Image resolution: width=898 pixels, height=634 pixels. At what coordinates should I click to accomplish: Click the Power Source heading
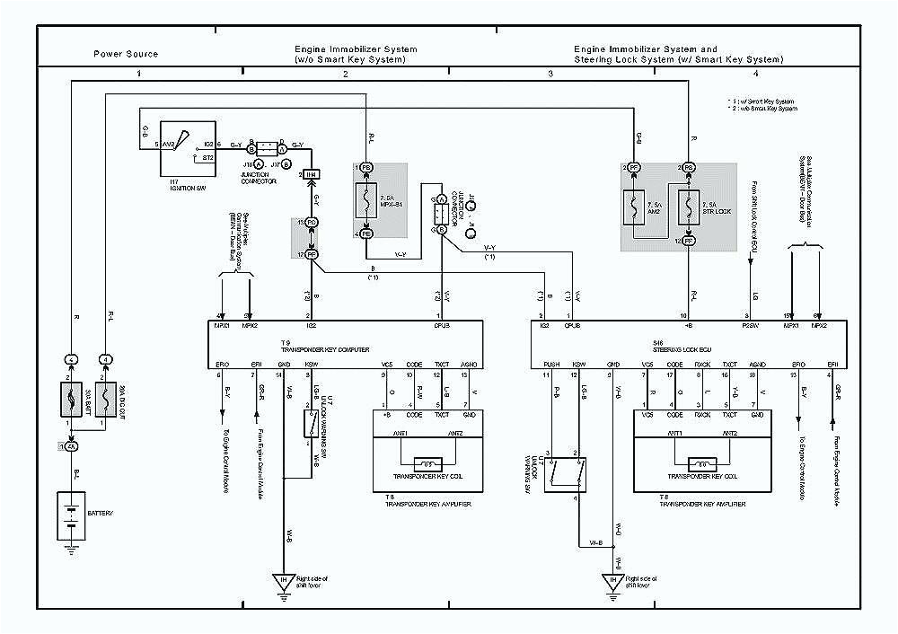(126, 54)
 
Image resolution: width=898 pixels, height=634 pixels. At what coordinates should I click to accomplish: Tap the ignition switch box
(187, 148)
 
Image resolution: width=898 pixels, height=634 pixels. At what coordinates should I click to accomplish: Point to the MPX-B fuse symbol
(366, 201)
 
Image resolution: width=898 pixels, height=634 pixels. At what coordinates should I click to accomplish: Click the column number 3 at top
(550, 72)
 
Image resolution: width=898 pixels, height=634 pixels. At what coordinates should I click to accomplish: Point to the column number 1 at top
(138, 72)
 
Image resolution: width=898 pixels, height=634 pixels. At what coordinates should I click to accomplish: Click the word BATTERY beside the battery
(101, 514)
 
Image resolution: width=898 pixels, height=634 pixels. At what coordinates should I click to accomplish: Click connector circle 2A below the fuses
(71, 445)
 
